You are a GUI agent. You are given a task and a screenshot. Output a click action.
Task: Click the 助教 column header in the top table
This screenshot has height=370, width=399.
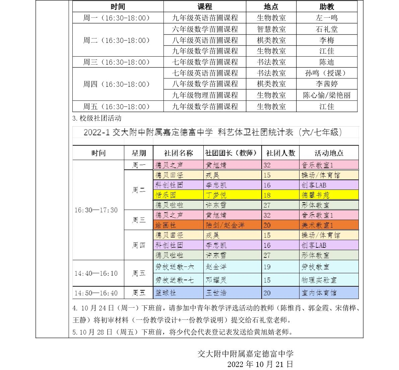click(x=327, y=7)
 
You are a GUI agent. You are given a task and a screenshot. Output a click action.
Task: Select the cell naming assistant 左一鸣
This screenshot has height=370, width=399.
click(x=327, y=18)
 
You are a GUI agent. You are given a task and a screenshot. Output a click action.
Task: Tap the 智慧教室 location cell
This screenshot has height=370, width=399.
click(x=271, y=29)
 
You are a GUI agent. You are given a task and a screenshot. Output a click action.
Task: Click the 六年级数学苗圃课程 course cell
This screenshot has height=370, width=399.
click(x=205, y=29)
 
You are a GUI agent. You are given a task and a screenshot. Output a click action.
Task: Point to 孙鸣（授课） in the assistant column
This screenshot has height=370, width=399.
click(x=327, y=73)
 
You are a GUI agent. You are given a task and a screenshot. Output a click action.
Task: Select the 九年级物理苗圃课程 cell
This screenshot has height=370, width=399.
click(x=205, y=95)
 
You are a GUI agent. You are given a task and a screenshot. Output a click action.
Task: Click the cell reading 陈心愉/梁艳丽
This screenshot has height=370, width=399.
click(x=327, y=95)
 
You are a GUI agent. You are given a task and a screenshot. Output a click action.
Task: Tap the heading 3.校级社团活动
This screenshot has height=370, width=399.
click(x=97, y=118)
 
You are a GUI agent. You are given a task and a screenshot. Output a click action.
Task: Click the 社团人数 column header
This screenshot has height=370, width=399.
click(x=280, y=153)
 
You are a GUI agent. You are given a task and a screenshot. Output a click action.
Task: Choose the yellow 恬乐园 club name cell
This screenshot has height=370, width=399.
click(x=178, y=195)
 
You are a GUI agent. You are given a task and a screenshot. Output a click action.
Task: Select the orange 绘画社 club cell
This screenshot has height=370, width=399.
click(x=178, y=225)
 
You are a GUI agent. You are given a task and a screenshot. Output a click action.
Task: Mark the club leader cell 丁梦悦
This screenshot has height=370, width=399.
click(x=232, y=195)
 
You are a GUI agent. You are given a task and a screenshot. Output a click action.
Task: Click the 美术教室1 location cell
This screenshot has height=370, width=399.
click(x=329, y=225)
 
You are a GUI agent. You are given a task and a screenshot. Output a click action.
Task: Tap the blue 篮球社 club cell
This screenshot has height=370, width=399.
click(x=178, y=293)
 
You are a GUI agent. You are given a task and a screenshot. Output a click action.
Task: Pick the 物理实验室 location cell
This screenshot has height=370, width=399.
click(x=329, y=280)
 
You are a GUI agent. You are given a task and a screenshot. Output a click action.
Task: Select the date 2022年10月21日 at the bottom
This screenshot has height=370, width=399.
click(x=260, y=364)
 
